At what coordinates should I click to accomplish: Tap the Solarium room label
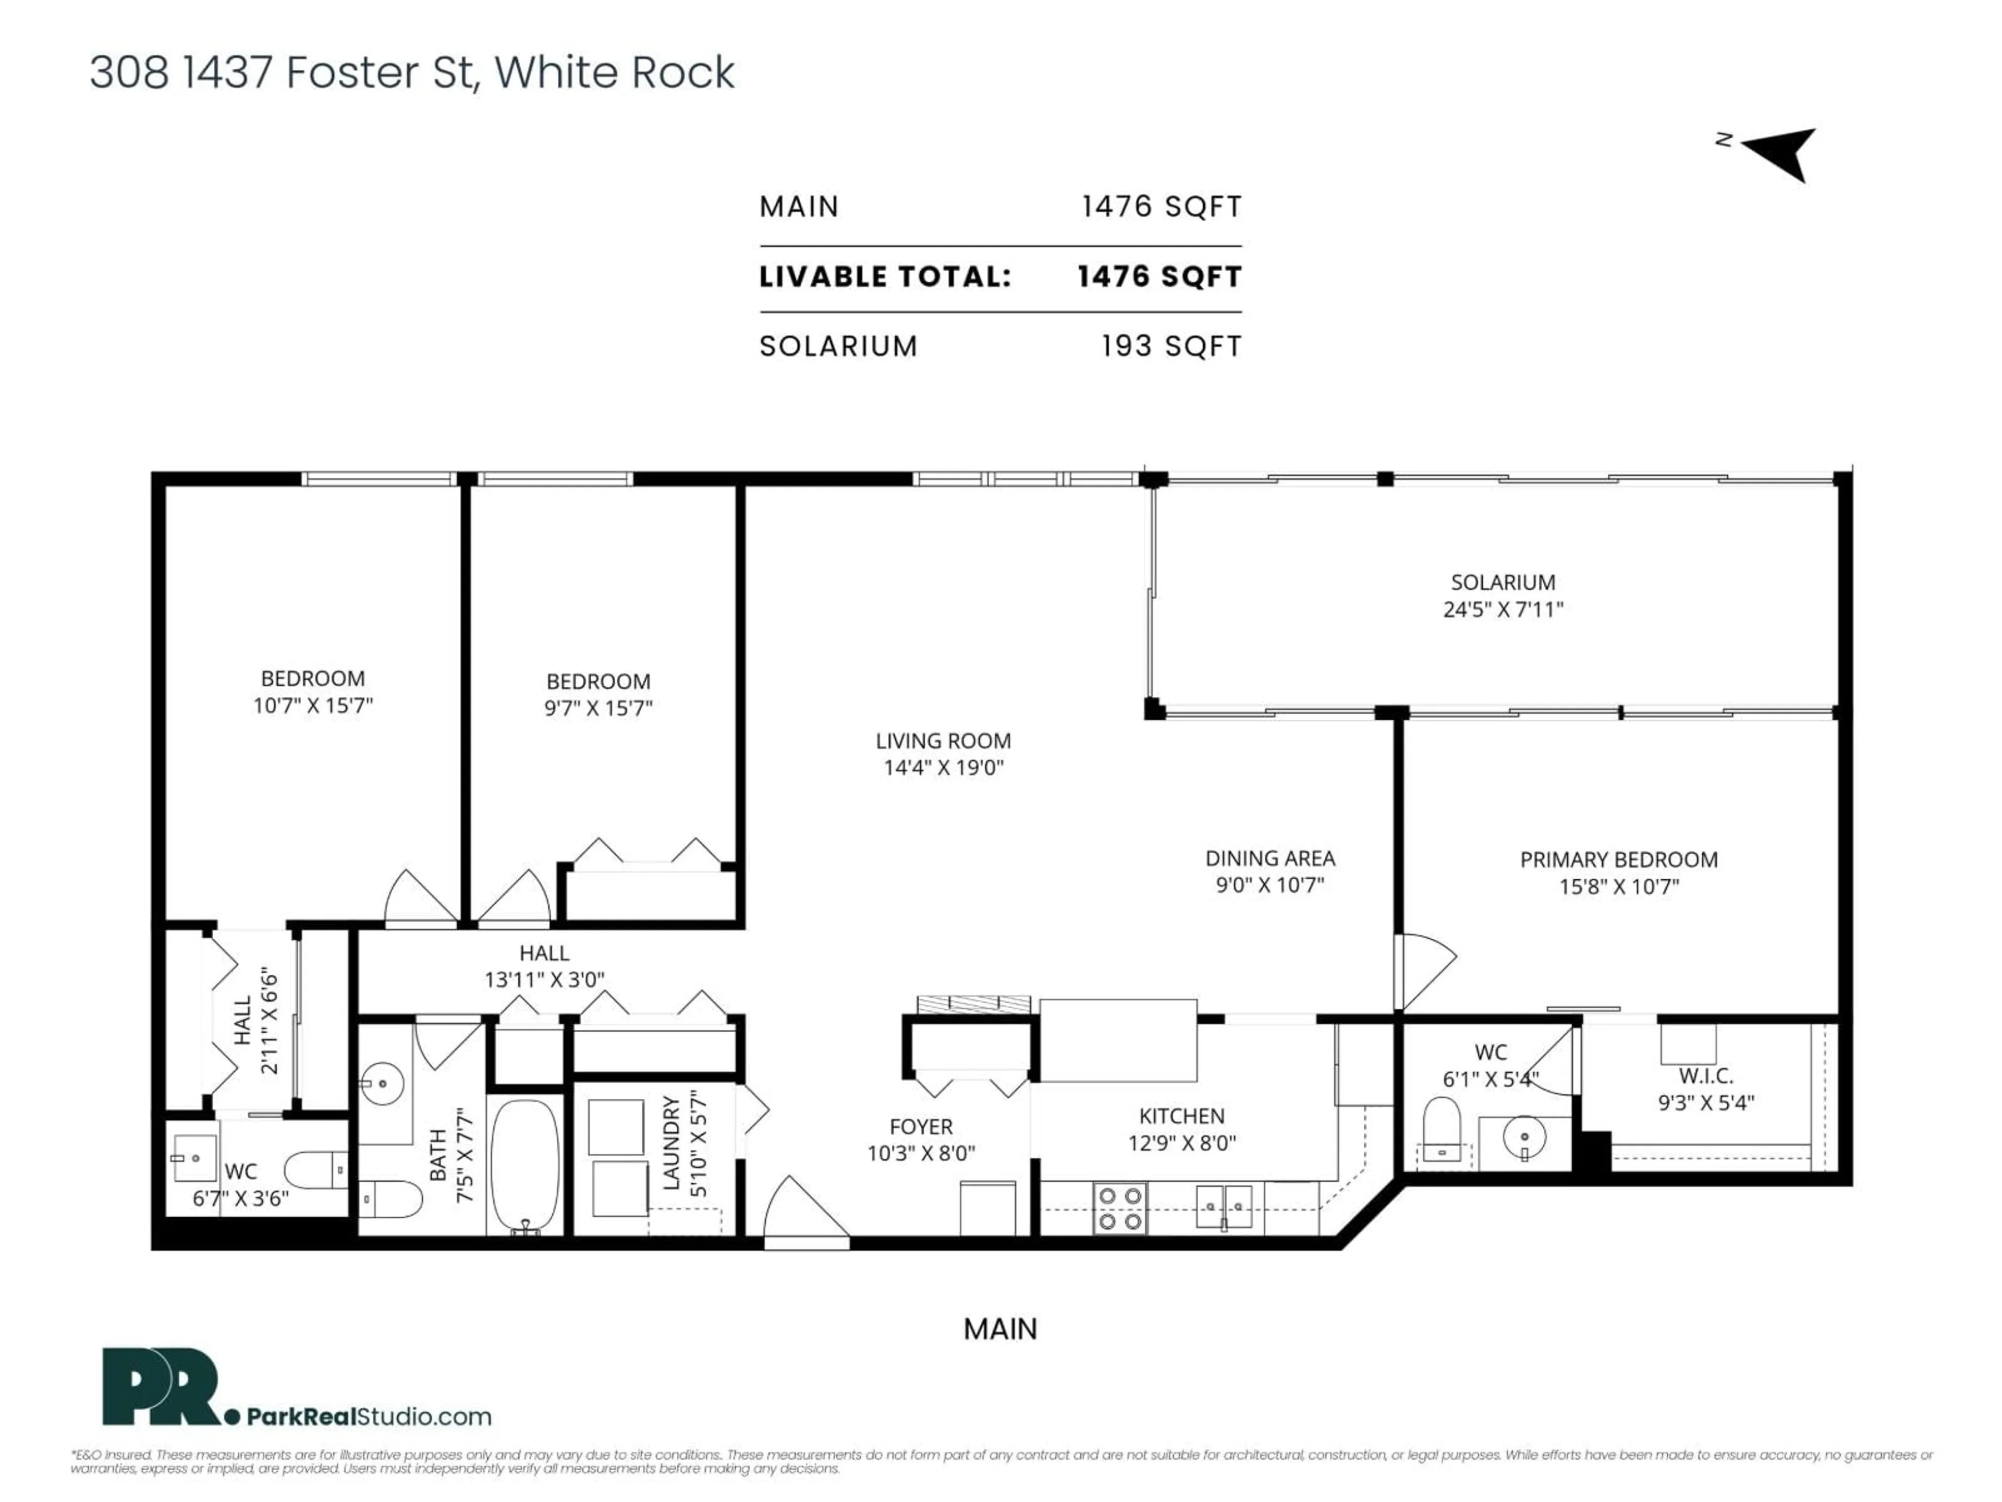(1503, 582)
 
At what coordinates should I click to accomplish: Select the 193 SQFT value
(1170, 346)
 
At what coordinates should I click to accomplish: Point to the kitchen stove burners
(1119, 1209)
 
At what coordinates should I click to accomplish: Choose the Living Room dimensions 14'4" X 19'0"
(943, 768)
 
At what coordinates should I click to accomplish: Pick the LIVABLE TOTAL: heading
(884, 277)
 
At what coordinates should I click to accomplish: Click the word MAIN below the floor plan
(1000, 1329)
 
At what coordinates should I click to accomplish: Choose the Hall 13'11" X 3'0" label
(544, 966)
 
